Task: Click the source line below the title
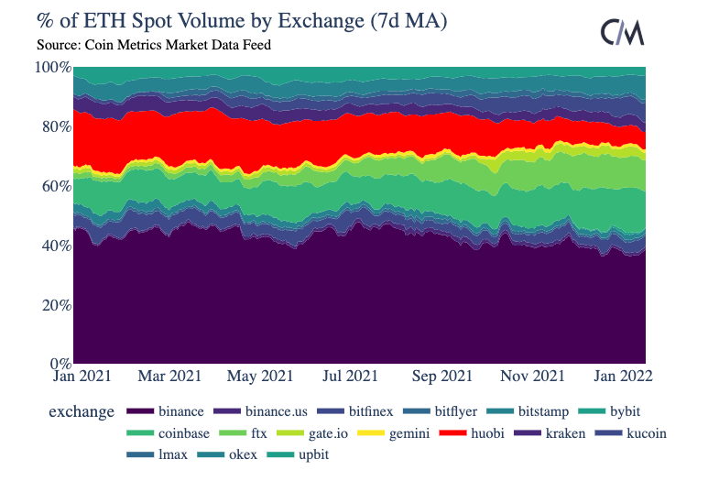coord(154,43)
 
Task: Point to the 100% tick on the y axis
coord(52,68)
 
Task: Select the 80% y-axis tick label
coord(54,126)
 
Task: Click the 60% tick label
coord(54,186)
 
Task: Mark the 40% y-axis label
coord(54,246)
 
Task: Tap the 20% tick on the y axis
coord(54,305)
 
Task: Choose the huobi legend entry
coord(485,432)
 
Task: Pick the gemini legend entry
coord(410,432)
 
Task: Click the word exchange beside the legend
coord(82,412)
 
